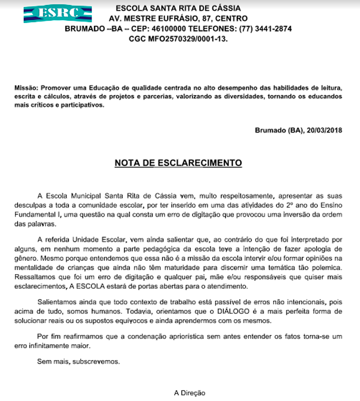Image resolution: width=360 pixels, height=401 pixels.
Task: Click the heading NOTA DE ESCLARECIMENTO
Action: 178,162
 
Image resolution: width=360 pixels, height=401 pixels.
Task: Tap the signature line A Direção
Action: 189,392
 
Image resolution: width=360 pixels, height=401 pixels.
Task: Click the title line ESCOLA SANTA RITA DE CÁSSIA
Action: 178,8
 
